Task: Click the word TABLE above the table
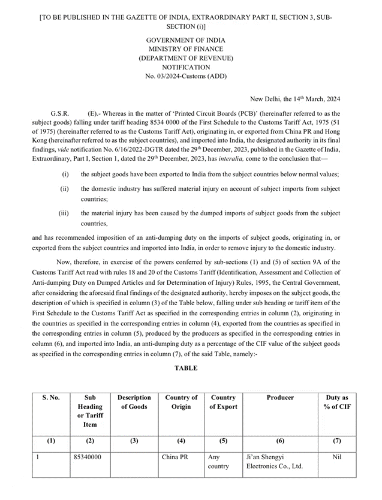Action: coord(186,368)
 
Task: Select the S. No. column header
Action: coord(51,397)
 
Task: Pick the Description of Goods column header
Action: coord(134,402)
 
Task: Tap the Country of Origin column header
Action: coord(181,402)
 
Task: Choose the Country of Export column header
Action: coord(222,402)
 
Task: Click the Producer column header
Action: coord(280,397)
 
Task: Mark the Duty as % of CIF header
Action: coord(336,402)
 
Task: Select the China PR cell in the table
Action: coord(175,457)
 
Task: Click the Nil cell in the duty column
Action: coord(336,457)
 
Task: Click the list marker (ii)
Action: coord(64,189)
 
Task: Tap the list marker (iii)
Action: coord(64,213)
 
